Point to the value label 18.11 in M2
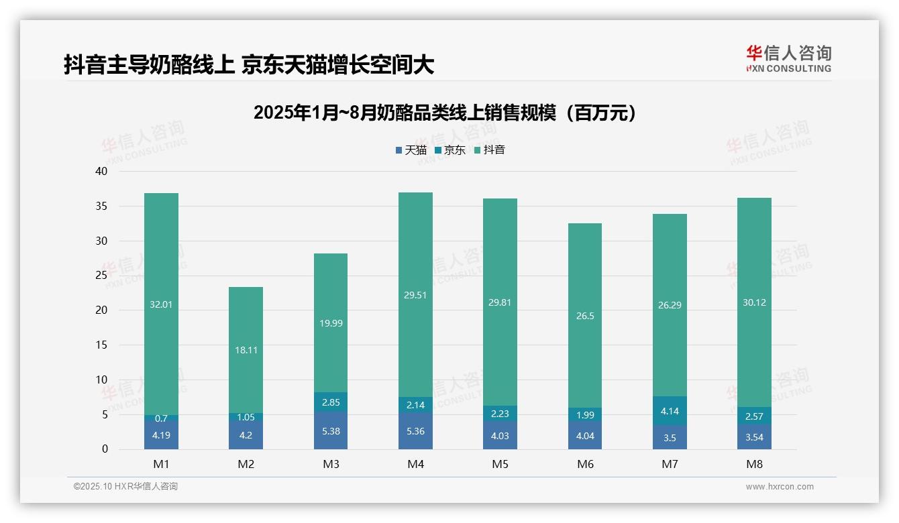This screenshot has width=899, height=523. point(246,350)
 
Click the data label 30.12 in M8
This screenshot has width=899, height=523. point(754,302)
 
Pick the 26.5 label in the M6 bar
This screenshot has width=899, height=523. point(584,316)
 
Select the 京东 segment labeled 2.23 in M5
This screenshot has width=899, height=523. point(500,414)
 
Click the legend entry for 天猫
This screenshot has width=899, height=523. point(411,150)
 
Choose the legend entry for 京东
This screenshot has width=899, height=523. point(450,150)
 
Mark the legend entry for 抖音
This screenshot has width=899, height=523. point(490,150)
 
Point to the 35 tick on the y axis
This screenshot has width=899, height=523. point(101,206)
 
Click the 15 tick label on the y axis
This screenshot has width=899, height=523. point(101,345)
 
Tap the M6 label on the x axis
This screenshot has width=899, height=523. point(584,464)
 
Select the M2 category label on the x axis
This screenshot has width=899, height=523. point(246,464)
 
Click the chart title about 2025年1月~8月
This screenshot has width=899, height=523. point(444,113)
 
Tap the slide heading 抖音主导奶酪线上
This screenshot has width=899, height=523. point(249,64)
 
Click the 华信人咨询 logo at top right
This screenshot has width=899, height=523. point(788,58)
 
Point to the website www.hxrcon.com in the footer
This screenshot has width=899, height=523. point(780,487)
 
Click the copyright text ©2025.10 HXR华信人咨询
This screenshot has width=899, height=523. point(125,487)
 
